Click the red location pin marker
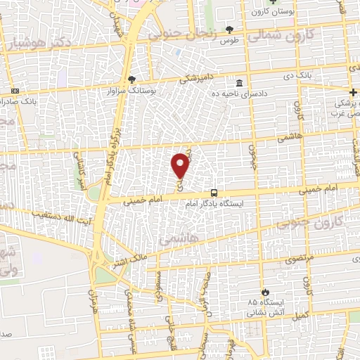[181, 165]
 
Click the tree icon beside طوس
[229, 30]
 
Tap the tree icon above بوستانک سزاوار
[131, 79]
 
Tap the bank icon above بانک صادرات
[15, 91]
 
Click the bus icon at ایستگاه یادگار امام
[214, 193]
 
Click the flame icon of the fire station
[265, 292]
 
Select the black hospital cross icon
[353, 93]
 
